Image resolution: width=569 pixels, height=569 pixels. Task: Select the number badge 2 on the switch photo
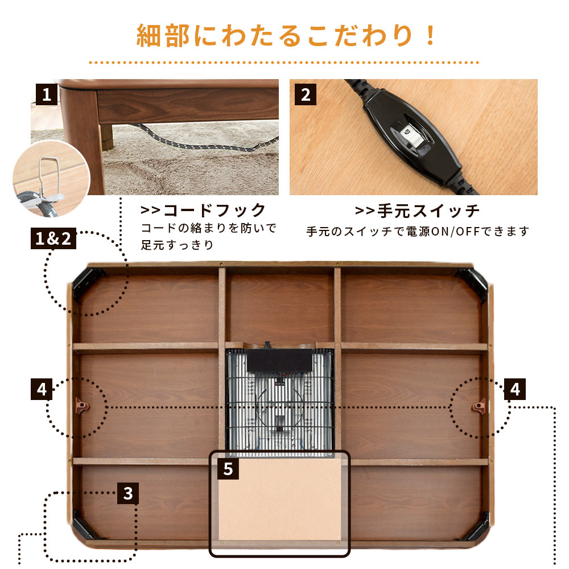[x=306, y=94]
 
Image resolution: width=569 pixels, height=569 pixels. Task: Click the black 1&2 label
[x=53, y=239]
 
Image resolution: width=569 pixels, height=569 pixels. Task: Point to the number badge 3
[x=128, y=493]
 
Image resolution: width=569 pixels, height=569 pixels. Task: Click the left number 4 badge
[x=42, y=390]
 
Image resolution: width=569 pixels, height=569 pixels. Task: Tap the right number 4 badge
[x=514, y=390]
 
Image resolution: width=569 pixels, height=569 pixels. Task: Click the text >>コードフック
[x=203, y=211]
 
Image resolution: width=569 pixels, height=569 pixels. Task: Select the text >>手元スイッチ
[x=418, y=211]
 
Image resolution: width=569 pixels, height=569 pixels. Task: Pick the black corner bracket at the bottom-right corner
[x=476, y=526]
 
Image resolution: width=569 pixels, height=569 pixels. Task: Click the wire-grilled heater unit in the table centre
[x=279, y=398]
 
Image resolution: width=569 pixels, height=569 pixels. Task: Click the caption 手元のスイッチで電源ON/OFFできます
[x=418, y=232]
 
